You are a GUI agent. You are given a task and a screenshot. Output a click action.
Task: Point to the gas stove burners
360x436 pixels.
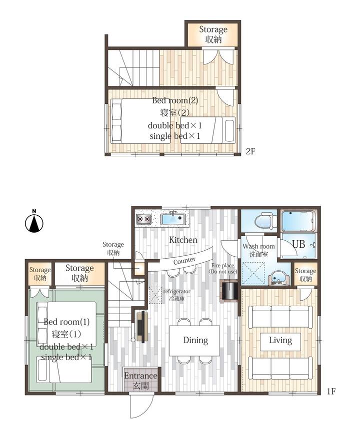(144, 219)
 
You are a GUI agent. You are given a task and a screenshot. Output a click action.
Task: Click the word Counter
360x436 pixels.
(184, 261)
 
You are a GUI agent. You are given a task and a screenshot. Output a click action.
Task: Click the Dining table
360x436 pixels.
(194, 340)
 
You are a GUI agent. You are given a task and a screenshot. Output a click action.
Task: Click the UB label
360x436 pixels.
(298, 244)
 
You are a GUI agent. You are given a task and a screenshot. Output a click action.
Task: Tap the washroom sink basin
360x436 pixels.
(277, 278)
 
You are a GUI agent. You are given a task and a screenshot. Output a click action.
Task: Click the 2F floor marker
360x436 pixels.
(250, 151)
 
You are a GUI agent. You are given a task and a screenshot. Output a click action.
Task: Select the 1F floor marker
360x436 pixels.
(331, 392)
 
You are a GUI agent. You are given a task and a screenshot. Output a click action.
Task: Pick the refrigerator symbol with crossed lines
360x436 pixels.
(155, 295)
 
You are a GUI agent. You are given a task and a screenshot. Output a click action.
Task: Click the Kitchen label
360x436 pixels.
(183, 240)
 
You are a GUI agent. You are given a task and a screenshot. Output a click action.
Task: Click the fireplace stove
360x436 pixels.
(229, 291)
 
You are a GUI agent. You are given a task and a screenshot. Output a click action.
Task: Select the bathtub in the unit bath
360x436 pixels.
(298, 221)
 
